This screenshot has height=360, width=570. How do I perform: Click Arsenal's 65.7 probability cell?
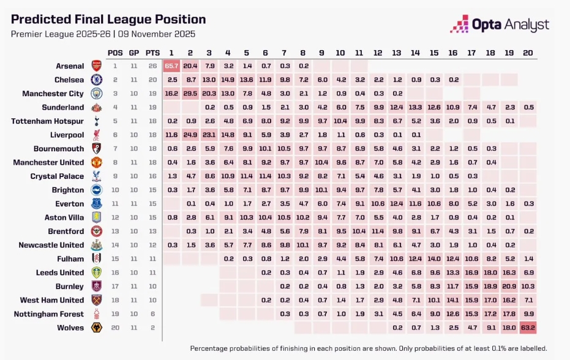click(x=171, y=66)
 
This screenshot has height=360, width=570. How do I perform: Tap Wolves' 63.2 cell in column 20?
click(x=528, y=328)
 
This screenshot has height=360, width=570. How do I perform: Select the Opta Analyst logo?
click(x=500, y=24)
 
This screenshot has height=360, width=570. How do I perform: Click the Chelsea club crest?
click(x=96, y=80)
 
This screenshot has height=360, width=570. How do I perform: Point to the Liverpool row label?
click(x=67, y=135)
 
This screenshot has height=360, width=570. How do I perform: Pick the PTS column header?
click(x=152, y=53)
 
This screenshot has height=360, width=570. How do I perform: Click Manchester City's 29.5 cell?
click(x=190, y=94)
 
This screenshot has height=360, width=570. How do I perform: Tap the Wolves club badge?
click(x=96, y=328)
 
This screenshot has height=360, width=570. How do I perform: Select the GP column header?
click(x=133, y=53)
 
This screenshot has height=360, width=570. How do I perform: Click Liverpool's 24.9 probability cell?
click(x=190, y=135)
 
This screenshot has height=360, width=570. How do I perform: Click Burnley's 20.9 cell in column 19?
click(x=509, y=287)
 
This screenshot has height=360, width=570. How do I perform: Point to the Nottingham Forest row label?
click(x=52, y=314)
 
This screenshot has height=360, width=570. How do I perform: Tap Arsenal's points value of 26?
click(x=152, y=66)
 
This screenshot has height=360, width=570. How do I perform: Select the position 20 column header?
click(x=528, y=53)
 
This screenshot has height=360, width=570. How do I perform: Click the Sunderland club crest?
click(x=96, y=107)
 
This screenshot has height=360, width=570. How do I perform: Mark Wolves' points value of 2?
click(x=152, y=328)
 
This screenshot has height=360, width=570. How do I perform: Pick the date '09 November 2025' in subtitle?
click(x=164, y=34)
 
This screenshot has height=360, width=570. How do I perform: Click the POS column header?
click(x=114, y=53)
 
